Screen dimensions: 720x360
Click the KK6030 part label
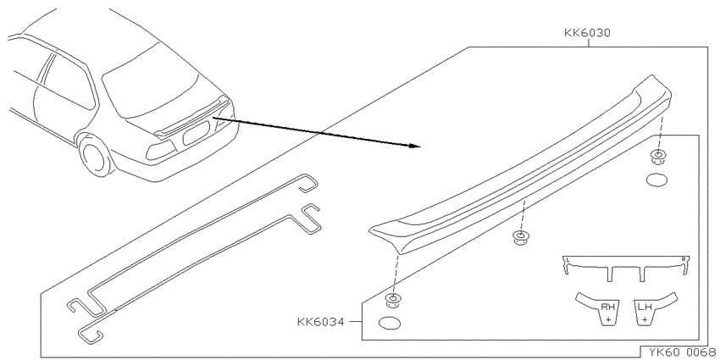point(587,33)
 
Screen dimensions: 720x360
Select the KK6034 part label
point(320,322)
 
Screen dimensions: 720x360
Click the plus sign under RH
point(608,318)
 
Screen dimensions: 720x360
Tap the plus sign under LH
point(645,318)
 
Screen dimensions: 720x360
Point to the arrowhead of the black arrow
point(415,146)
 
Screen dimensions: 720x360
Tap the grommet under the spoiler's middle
point(520,237)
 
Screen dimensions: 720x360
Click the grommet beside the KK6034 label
point(393,301)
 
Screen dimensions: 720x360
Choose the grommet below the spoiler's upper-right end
point(659,157)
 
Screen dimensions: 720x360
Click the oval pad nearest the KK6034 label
point(390,324)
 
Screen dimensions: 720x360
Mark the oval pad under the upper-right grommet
point(656,180)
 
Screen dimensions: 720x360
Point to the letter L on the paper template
point(568,260)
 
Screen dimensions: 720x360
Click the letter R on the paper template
point(684,259)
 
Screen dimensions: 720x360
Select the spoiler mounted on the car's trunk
point(191,117)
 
